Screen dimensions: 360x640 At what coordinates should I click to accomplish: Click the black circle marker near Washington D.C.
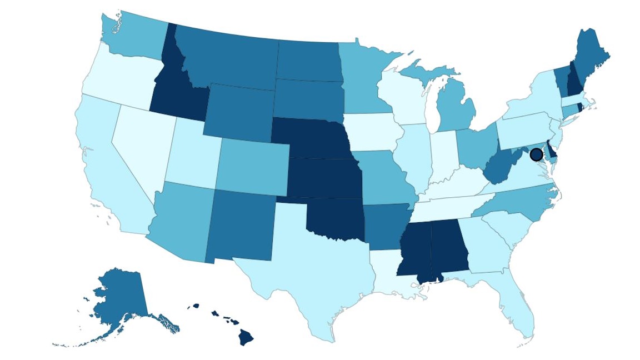tap(536, 154)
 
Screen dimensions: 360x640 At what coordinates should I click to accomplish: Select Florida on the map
tap(519, 308)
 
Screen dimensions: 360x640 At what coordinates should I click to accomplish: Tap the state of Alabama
tap(448, 247)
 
